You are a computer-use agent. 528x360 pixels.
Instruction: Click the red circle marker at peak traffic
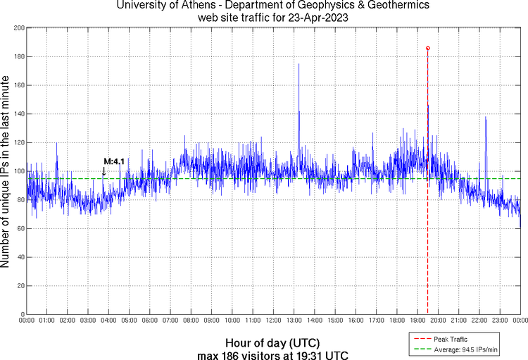pos(428,48)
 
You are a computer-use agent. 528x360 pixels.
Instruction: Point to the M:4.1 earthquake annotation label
pos(114,162)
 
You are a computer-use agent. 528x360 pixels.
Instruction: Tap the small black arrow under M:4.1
pos(104,171)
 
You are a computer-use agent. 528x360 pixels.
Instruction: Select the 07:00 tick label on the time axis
pos(170,321)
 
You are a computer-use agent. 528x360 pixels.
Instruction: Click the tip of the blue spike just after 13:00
pos(298,64)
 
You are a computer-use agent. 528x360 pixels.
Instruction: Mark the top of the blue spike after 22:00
pos(486,117)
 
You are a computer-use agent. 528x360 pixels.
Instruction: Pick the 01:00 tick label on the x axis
pos(47,321)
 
